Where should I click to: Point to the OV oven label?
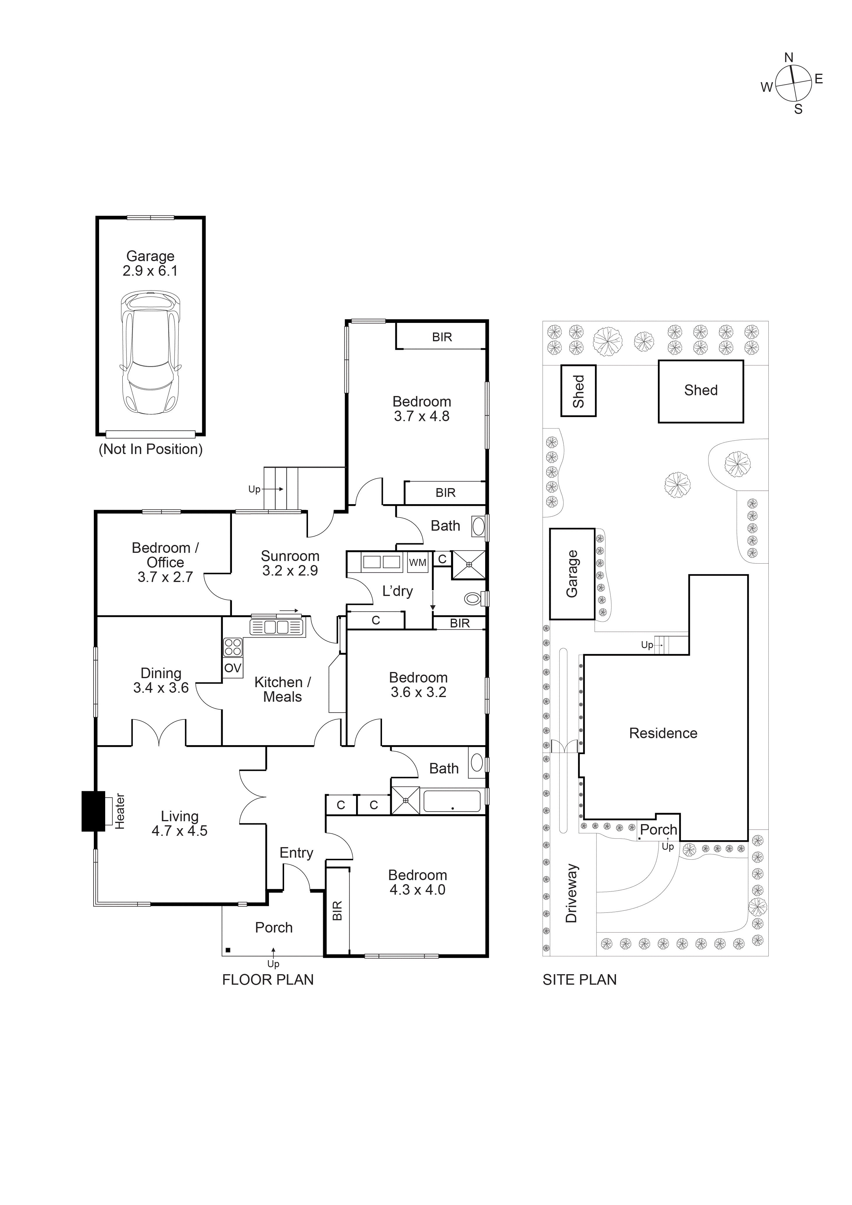click(x=233, y=668)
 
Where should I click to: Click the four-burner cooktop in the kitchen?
click(x=233, y=647)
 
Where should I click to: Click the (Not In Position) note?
click(x=151, y=449)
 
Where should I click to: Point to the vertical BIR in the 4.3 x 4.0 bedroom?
click(x=337, y=911)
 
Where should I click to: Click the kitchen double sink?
click(x=277, y=627)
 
